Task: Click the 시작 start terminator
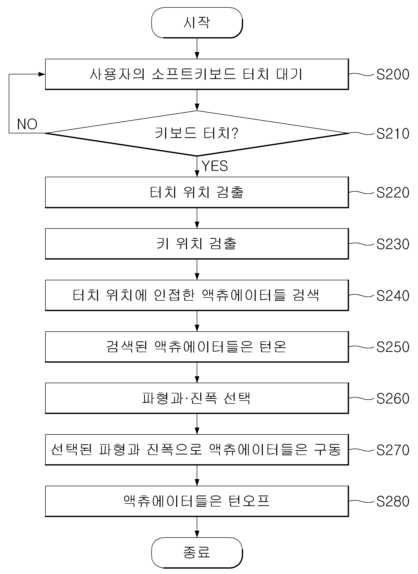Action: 197,23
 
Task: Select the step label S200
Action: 393,74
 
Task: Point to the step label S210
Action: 393,134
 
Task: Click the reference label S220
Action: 393,193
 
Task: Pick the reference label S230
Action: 393,244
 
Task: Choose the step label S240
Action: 393,296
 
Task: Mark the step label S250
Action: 393,347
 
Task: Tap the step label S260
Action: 393,399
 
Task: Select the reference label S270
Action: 393,450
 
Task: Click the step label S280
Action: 393,501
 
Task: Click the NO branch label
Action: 27,124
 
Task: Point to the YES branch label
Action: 215,166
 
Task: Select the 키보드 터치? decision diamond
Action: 197,133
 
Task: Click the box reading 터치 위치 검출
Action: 197,192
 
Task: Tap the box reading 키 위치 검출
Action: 197,244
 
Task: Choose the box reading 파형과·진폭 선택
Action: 197,398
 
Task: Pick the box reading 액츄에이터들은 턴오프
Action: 197,501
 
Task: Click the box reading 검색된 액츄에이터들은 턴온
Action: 197,347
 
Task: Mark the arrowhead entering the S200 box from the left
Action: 42,74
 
